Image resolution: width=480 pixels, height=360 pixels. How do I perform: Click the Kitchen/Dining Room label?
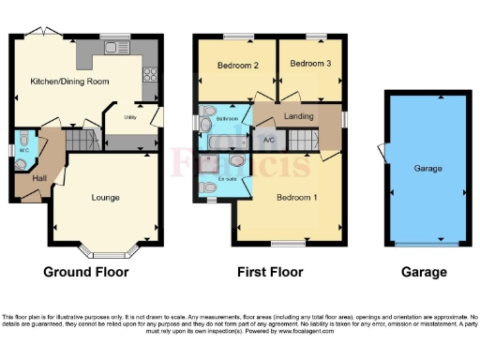point(70,82)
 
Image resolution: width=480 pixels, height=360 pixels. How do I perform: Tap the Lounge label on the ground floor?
point(105,198)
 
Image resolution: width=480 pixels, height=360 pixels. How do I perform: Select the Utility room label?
point(132,117)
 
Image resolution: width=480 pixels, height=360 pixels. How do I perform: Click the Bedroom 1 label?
point(295,197)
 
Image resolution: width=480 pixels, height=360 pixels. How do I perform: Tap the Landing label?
point(299,116)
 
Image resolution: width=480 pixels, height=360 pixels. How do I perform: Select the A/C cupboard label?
point(269,141)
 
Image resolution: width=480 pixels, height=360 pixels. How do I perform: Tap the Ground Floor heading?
point(86,273)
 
